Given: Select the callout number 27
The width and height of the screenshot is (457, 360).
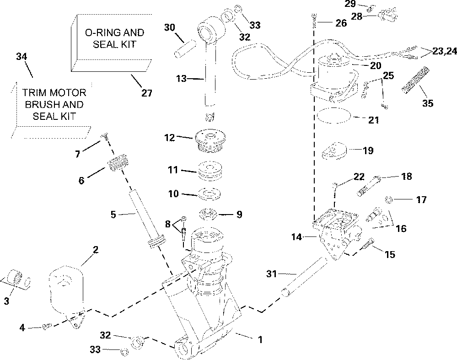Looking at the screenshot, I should pyautogui.click(x=146, y=93).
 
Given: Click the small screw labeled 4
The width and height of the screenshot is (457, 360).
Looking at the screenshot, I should pyautogui.click(x=45, y=326).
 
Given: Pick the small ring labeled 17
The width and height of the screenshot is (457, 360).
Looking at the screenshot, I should pyautogui.click(x=389, y=199).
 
